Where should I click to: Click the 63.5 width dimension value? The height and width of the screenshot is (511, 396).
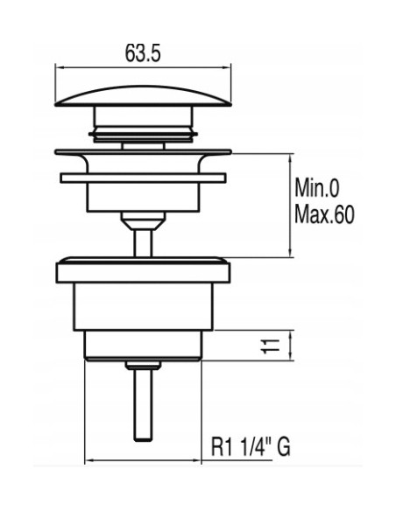click(x=143, y=53)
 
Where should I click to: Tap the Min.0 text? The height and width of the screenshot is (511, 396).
click(x=317, y=188)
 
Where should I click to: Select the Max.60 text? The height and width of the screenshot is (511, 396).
click(x=324, y=213)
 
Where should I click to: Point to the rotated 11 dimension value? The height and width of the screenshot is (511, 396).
click(x=271, y=346)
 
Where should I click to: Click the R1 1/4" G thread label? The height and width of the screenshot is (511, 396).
click(x=251, y=447)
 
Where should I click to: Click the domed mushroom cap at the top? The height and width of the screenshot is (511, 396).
click(x=143, y=96)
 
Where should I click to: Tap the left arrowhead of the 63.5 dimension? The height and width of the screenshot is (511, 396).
click(x=58, y=67)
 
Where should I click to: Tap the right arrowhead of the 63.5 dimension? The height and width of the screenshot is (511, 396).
click(x=228, y=67)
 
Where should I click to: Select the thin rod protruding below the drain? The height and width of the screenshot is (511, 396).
click(x=143, y=405)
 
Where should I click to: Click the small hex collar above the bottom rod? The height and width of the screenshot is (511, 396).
click(x=143, y=366)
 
